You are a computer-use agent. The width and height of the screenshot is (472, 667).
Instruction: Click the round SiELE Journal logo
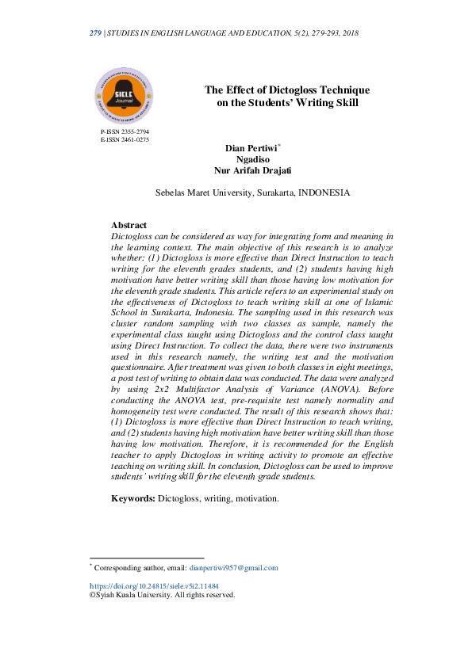[124, 95]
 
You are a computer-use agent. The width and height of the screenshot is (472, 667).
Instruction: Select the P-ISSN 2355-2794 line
[125, 131]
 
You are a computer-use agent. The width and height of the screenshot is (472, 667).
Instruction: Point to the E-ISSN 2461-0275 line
[125, 139]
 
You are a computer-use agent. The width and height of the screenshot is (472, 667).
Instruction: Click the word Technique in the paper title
[343, 90]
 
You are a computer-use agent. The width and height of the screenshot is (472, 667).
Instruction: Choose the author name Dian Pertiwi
[248, 147]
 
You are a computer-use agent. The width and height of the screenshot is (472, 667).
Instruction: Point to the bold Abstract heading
[129, 226]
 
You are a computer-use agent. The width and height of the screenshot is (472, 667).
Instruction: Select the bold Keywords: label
[133, 498]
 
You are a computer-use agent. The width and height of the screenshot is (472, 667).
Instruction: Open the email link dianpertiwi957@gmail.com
[234, 567]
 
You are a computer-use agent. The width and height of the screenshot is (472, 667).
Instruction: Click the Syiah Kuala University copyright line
[162, 595]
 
